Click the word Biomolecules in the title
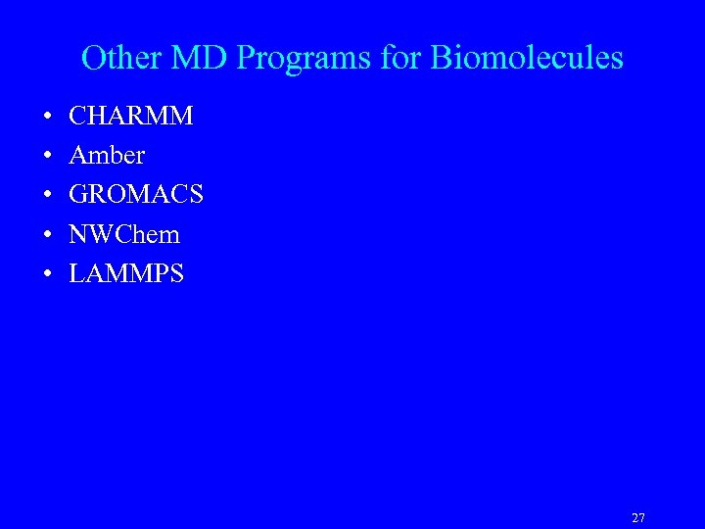click(x=527, y=58)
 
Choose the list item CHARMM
click(x=131, y=117)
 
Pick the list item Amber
click(x=107, y=156)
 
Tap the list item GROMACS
click(x=136, y=195)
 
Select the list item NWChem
click(x=124, y=234)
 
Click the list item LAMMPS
click(x=126, y=273)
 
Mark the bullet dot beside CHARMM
click(x=48, y=118)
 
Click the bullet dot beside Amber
click(x=48, y=157)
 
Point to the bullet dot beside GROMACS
click(x=48, y=196)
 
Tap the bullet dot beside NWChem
click(x=48, y=235)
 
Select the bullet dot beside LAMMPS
click(x=48, y=274)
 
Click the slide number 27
click(x=638, y=518)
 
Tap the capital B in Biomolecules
click(x=441, y=58)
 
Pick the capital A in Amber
click(x=79, y=156)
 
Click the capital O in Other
click(x=94, y=58)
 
